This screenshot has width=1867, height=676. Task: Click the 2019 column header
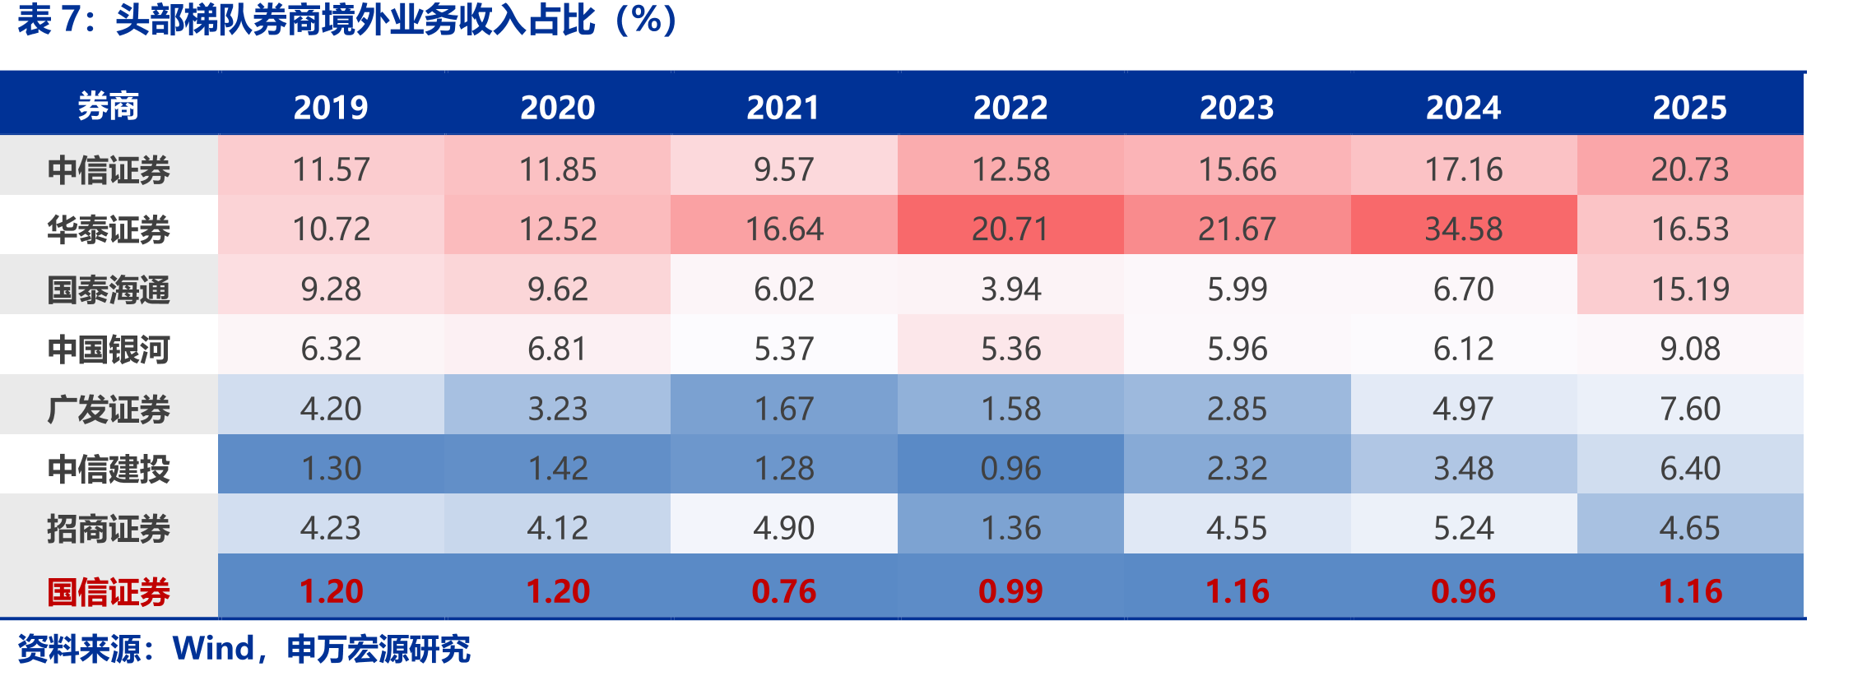pos(331,108)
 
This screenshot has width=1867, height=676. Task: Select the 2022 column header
pos(1010,108)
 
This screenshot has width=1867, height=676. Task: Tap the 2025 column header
pos(1690,108)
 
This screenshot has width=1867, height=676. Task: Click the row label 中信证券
pos(109,170)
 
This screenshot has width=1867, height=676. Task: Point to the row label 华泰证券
pos(109,229)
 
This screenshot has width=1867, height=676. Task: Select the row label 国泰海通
pos(109,289)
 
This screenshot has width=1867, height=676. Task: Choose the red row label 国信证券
pos(109,591)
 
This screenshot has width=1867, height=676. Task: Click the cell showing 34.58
pos(1464,229)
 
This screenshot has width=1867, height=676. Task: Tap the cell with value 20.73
pos(1690,169)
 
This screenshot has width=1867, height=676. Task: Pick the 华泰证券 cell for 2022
pos(1010,229)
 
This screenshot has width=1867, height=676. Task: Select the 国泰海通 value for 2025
pos(1690,289)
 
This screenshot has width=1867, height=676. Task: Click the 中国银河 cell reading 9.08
pos(1690,349)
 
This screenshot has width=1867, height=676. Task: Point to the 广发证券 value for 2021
pos(784,409)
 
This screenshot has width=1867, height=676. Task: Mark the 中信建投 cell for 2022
pos(1010,469)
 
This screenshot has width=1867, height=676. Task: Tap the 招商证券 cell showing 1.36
pos(1010,528)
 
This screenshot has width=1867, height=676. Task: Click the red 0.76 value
pos(784,591)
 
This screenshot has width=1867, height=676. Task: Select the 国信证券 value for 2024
pos(1464,591)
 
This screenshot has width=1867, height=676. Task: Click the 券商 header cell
pos(109,107)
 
